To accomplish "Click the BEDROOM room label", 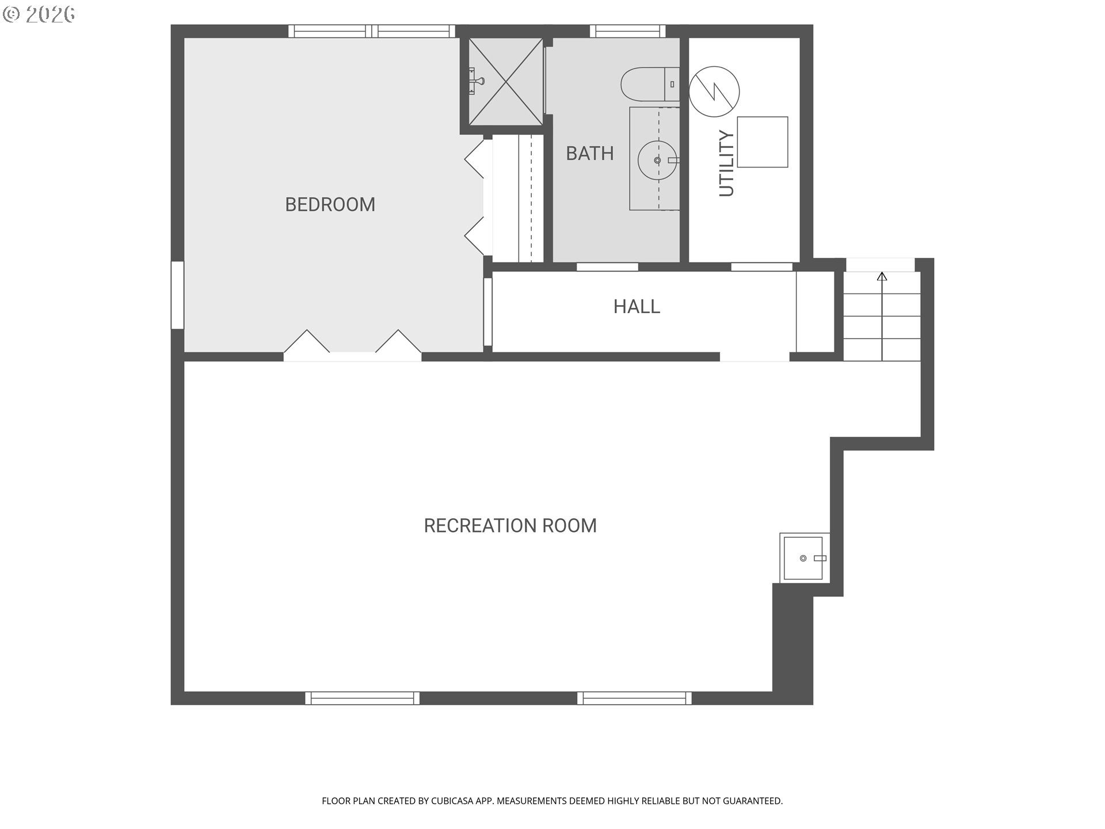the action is (x=330, y=204).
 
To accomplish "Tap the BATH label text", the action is (x=590, y=153).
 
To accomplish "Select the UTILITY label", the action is (x=727, y=163).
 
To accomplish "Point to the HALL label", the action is (x=637, y=306).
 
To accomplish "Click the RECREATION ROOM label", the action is (x=510, y=526).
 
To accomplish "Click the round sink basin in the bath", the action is (x=657, y=160).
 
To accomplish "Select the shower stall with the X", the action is (x=506, y=81).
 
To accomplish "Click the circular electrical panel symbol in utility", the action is (x=714, y=91).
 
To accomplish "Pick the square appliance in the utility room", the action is (x=763, y=142).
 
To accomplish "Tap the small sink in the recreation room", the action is (x=805, y=558).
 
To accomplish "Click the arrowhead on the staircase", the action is (x=882, y=276).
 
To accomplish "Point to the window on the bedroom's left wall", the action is (x=177, y=295).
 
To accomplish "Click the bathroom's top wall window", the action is (x=627, y=31).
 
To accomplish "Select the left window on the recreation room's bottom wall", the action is (x=362, y=698).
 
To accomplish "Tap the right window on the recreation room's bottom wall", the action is (x=635, y=698).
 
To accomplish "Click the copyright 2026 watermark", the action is (x=39, y=14).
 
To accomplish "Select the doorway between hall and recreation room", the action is (x=755, y=357).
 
